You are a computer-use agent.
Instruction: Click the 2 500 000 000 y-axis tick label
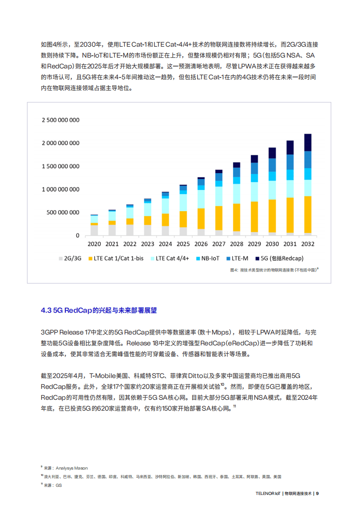point(60,120)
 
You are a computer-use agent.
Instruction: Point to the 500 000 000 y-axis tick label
point(63,213)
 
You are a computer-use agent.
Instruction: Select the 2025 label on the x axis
point(183,244)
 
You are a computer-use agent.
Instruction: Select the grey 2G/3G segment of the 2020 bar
point(94,230)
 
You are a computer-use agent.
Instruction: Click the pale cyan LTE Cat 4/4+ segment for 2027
point(219,196)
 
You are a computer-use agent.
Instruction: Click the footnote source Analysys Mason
point(66,468)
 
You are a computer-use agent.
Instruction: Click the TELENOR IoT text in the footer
point(268,494)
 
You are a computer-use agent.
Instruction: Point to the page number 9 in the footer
point(318,494)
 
